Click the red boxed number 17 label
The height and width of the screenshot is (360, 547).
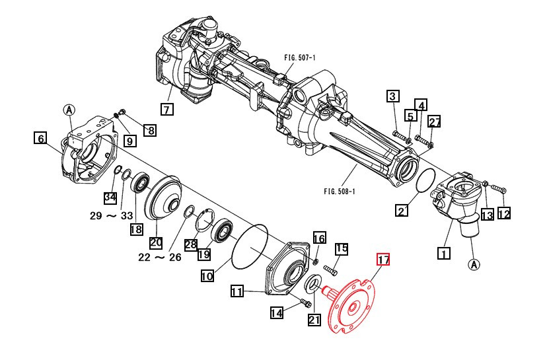383,260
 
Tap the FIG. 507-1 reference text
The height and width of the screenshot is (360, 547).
300,58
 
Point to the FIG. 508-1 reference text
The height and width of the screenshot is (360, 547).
340,192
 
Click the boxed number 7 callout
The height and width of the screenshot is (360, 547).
166,109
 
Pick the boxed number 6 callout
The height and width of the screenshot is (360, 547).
41,138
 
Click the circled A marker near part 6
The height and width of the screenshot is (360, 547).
70,110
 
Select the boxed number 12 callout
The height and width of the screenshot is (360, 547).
504,213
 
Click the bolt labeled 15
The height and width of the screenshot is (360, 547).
330,271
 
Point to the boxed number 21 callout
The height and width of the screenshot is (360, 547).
314,320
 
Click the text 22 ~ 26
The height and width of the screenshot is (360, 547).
159,258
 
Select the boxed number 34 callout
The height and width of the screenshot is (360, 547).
110,198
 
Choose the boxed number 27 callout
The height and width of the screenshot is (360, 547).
434,122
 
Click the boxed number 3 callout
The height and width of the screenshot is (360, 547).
392,96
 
